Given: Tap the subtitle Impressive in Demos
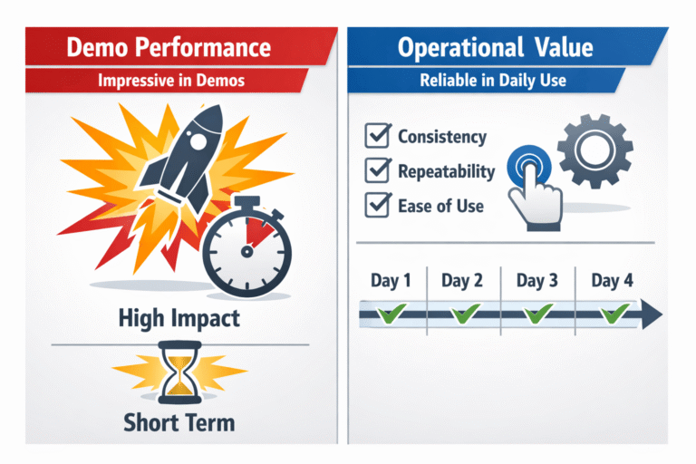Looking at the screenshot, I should [172, 80].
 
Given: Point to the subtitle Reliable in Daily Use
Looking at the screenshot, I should [493, 80].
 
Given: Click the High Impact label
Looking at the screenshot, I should [179, 318].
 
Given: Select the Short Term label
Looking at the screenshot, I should [179, 422].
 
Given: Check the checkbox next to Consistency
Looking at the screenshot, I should [376, 138].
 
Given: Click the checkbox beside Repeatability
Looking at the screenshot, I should [376, 171].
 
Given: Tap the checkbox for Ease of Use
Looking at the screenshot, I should [376, 206].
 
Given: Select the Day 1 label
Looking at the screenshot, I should [391, 281].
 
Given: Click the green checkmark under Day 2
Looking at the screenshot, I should [464, 315].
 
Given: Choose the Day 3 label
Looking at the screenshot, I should [537, 281].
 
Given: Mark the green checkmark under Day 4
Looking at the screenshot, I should [614, 315].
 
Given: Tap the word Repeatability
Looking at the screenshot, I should [447, 171].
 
